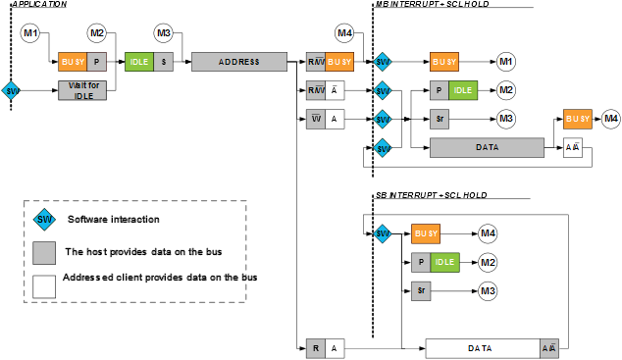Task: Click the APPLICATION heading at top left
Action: [40, 5]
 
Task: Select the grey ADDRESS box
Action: [238, 62]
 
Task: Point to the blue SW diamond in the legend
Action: [44, 220]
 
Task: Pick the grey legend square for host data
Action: [44, 252]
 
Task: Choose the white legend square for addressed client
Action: [44, 285]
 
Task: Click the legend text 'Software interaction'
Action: [114, 220]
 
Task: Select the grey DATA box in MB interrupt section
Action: [487, 147]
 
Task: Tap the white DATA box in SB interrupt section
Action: [480, 348]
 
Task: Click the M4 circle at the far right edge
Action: [611, 119]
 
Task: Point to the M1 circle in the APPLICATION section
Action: [30, 34]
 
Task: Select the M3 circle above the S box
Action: [164, 34]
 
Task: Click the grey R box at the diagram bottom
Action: [315, 348]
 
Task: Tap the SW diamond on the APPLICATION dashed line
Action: [12, 91]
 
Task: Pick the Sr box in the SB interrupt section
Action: [421, 291]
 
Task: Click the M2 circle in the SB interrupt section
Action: [488, 263]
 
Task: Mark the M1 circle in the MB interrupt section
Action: [506, 62]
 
